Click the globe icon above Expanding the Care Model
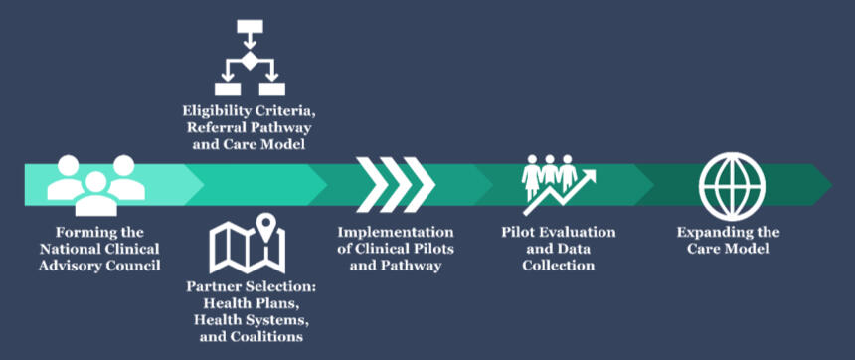[x=732, y=186]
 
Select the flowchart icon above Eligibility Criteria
[x=250, y=58]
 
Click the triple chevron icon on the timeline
[x=396, y=184]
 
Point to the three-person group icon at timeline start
[x=96, y=185]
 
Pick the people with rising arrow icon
[x=559, y=184]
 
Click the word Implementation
[x=396, y=232]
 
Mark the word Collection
[x=559, y=266]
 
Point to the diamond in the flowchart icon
[x=250, y=61]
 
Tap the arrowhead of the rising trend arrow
[x=589, y=177]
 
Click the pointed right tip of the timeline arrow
[x=833, y=184]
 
